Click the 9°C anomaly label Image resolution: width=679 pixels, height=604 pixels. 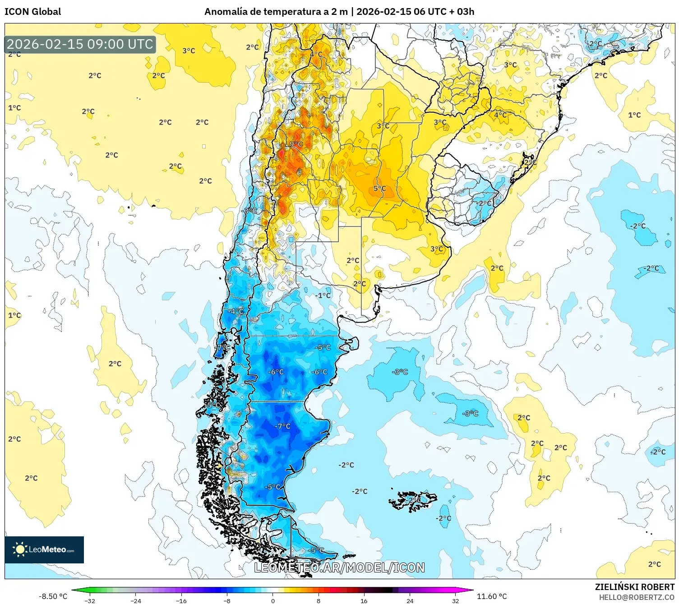(x=296, y=144)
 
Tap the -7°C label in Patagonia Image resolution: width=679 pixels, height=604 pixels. (x=283, y=426)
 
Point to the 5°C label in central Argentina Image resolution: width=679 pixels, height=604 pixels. (x=379, y=189)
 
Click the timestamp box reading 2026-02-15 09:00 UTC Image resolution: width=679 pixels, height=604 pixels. (x=80, y=44)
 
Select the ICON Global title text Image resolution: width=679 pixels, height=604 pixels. (x=32, y=12)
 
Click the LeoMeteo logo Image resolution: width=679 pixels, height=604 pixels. (x=44, y=549)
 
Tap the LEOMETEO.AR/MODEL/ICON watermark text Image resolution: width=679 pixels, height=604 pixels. (x=339, y=567)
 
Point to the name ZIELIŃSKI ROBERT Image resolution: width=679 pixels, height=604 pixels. (x=634, y=587)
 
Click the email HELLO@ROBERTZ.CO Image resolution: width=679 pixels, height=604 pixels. (x=637, y=597)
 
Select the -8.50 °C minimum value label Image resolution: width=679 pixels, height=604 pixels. (x=53, y=596)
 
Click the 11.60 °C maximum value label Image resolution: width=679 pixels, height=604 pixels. (x=492, y=596)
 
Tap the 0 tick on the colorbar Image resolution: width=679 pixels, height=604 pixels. (x=273, y=600)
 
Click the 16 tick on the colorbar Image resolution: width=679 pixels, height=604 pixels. (x=364, y=600)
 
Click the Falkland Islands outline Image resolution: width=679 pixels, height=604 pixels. (x=413, y=501)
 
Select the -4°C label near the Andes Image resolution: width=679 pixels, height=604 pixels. (x=235, y=311)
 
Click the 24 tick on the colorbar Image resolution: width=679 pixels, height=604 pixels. (x=410, y=600)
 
